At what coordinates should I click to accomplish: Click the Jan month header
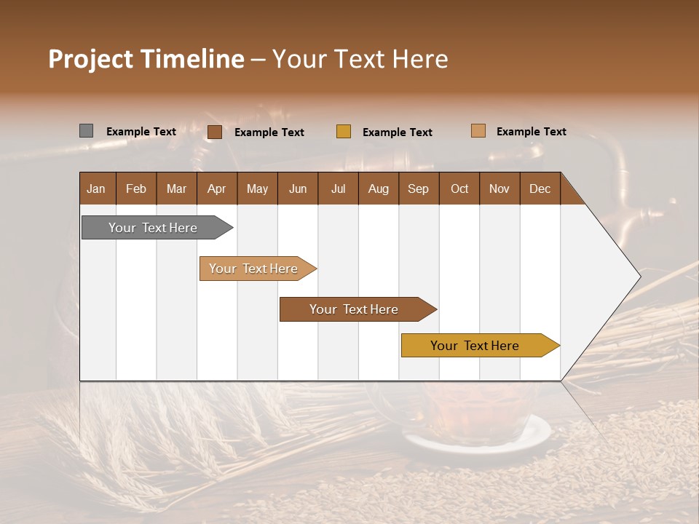pos(97,188)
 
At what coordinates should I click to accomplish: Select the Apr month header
pos(217,188)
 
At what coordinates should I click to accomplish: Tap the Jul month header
pos(338,188)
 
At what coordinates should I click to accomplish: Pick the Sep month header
pos(419,188)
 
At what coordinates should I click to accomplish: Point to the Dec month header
pos(540,188)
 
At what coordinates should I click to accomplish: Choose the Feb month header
pos(136,188)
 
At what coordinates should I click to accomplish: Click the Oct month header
pos(459,188)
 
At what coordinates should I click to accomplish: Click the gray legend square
pos(86,131)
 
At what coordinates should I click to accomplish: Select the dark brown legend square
pos(215,132)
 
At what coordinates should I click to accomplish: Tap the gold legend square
pos(344,132)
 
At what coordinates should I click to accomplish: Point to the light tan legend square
pos(478,131)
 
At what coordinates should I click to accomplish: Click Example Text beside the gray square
pos(141,132)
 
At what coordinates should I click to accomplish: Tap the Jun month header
pos(298,188)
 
